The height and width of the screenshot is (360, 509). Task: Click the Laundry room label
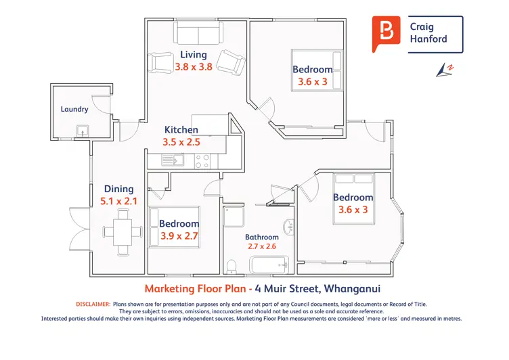[x=74, y=109]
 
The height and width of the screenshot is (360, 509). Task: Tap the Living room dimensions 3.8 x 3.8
[x=194, y=67]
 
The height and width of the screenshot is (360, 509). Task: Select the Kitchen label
[x=181, y=129]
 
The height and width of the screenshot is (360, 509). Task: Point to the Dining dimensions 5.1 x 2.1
[x=118, y=201]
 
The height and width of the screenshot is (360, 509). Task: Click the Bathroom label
[x=262, y=237]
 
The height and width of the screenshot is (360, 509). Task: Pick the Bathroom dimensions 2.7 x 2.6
[x=262, y=246]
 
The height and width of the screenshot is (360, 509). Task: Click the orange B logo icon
[x=386, y=34]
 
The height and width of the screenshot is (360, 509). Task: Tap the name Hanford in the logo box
[x=428, y=39]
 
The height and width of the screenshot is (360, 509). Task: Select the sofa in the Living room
[x=198, y=32]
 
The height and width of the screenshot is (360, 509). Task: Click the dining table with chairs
[x=123, y=232]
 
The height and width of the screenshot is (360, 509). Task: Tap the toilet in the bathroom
[x=231, y=266]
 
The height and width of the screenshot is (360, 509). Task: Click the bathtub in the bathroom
[x=269, y=265]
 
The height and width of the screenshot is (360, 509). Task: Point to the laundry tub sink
[x=83, y=131]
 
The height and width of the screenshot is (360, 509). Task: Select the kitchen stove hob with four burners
[x=202, y=161]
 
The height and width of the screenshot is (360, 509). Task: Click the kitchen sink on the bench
[x=173, y=160]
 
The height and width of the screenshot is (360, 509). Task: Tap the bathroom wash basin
[x=288, y=227]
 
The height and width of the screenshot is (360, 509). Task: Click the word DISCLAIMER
[x=93, y=304]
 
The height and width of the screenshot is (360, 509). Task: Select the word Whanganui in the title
[x=352, y=288]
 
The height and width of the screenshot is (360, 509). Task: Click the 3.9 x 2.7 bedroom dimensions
[x=179, y=236]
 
